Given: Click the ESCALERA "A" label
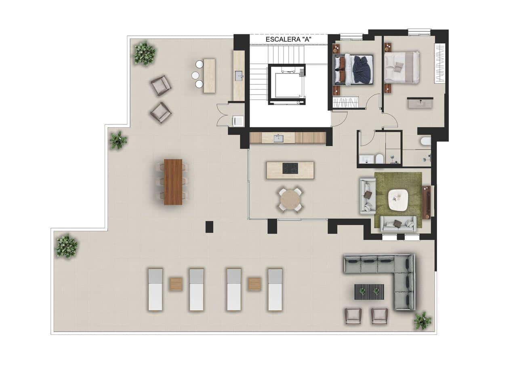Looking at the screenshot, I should (x=288, y=40).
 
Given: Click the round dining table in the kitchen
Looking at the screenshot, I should (x=290, y=200).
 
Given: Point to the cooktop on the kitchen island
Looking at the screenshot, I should (x=290, y=168).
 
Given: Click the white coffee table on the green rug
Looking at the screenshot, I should (x=398, y=200).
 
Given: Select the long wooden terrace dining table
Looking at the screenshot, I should (x=173, y=182).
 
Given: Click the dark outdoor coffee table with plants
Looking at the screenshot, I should (x=369, y=292).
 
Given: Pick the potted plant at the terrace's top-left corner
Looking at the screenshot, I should (x=144, y=53).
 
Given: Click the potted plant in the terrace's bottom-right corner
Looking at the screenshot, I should (x=422, y=320).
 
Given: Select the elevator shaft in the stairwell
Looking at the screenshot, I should (x=286, y=84).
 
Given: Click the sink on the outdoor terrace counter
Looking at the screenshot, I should (x=239, y=76).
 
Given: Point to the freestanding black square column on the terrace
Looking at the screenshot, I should (x=209, y=227).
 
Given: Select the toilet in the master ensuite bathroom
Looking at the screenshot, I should (x=425, y=141).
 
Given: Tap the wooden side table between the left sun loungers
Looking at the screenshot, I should (x=176, y=284).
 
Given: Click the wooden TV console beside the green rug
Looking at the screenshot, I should (x=426, y=202).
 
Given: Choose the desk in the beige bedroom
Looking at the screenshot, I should (x=420, y=103).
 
